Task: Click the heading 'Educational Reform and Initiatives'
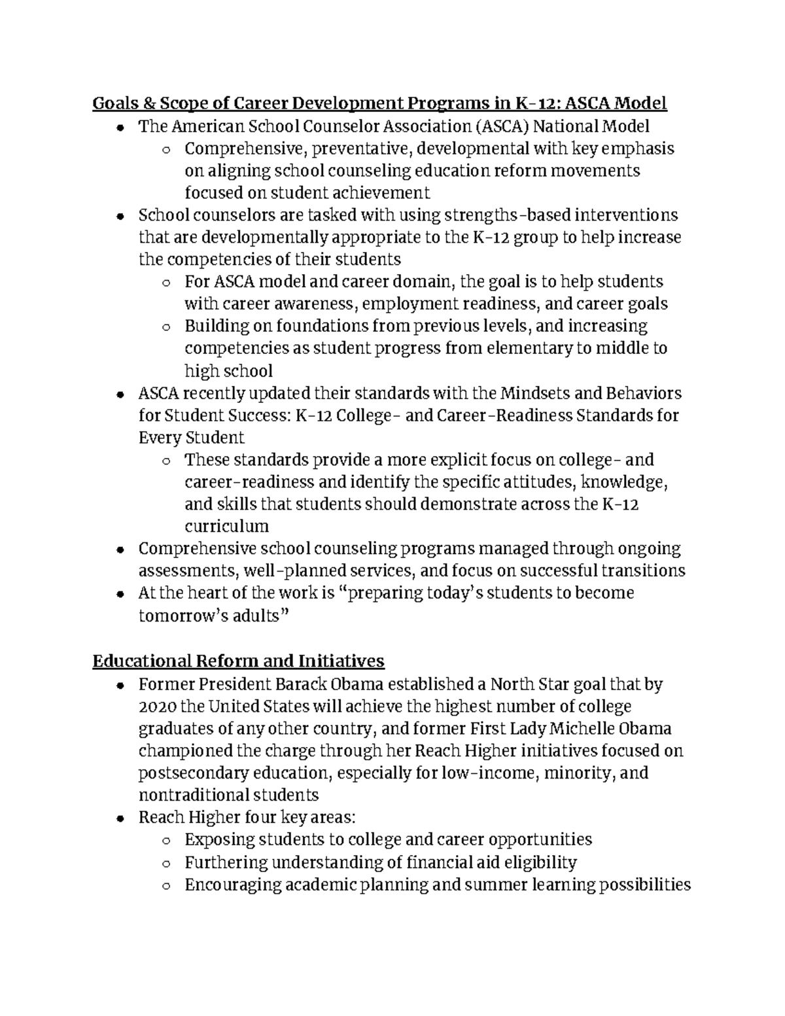point(238,661)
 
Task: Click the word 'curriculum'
point(226,526)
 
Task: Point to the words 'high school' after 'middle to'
point(228,371)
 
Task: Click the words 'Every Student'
point(192,437)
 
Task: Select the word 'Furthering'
point(226,862)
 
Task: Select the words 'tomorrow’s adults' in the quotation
point(209,616)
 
